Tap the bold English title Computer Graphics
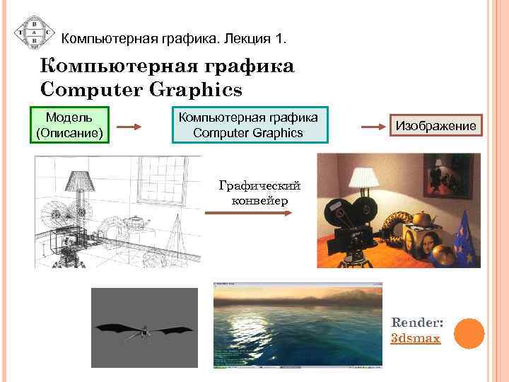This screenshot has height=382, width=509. tap(141, 90)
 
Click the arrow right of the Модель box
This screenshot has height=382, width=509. tap(130, 127)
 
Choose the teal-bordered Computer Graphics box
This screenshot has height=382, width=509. tap(248, 125)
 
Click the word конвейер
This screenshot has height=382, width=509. tap(259, 200)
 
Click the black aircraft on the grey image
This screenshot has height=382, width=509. tap(145, 330)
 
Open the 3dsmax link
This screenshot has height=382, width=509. tap(415, 338)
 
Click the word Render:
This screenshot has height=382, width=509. tap(415, 323)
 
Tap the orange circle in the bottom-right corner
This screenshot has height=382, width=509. tap(468, 333)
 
